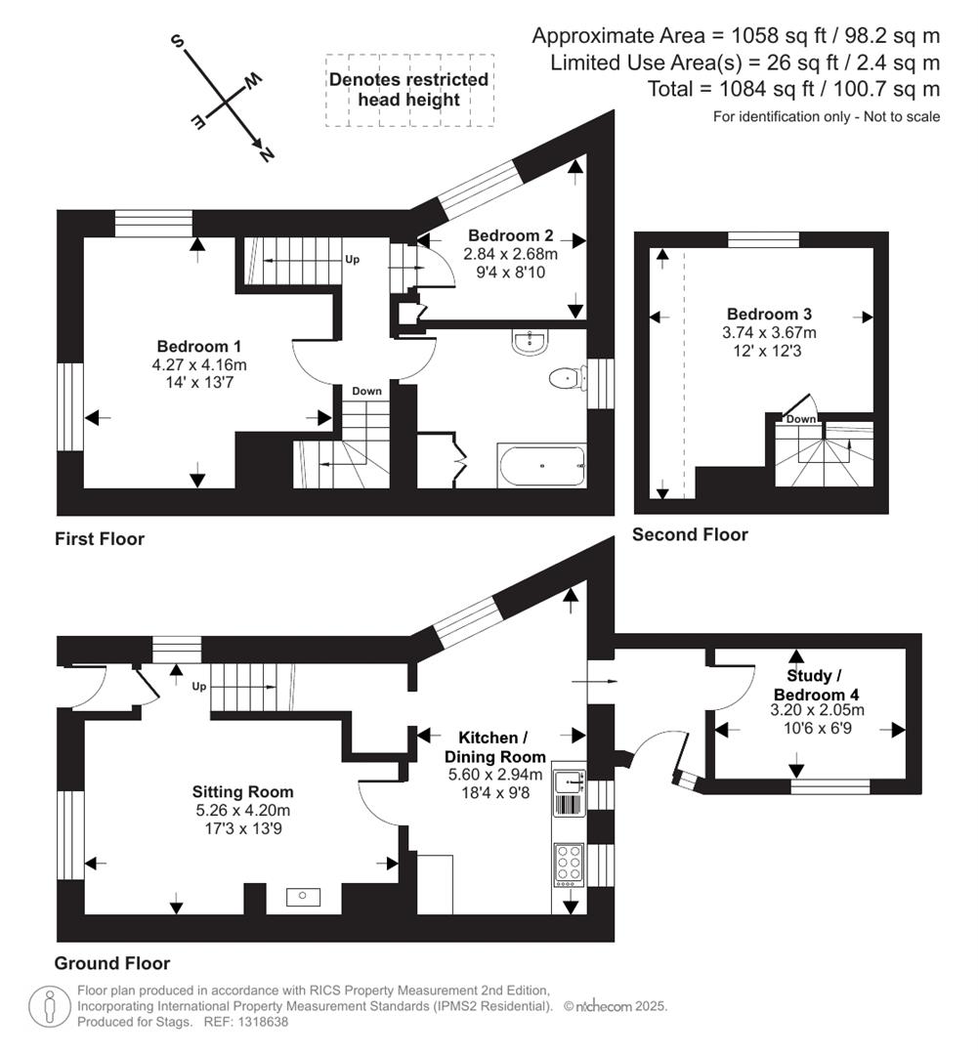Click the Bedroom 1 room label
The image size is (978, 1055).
(x=199, y=347)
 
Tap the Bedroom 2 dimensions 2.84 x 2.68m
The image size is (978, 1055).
(x=510, y=254)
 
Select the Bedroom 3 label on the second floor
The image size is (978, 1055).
(x=769, y=315)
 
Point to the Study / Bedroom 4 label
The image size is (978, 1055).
(x=809, y=684)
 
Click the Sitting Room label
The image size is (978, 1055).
(x=242, y=792)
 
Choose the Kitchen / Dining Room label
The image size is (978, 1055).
(x=494, y=746)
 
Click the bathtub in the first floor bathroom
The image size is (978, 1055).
(x=542, y=466)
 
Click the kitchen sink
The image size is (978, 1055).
(x=567, y=782)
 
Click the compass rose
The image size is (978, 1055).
(x=226, y=101)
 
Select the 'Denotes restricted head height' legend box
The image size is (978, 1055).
(x=408, y=90)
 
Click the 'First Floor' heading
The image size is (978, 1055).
(x=100, y=539)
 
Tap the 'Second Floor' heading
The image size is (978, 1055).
(x=690, y=534)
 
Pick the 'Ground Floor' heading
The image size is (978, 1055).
(x=111, y=963)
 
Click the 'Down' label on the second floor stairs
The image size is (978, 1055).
(x=801, y=419)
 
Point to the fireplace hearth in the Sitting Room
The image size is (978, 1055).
(x=303, y=896)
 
